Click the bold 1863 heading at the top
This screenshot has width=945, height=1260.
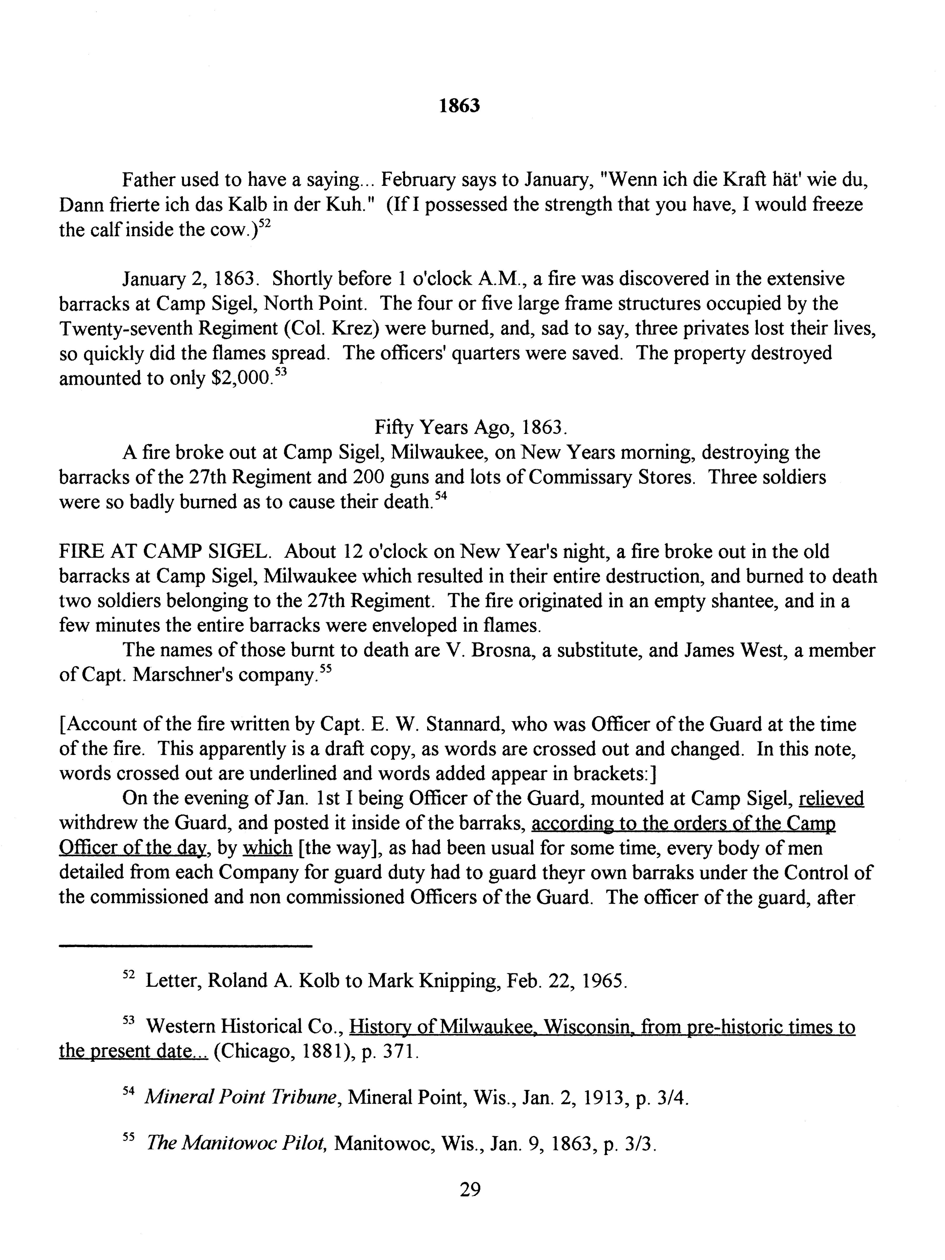[460, 106]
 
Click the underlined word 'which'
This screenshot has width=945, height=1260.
[267, 849]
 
